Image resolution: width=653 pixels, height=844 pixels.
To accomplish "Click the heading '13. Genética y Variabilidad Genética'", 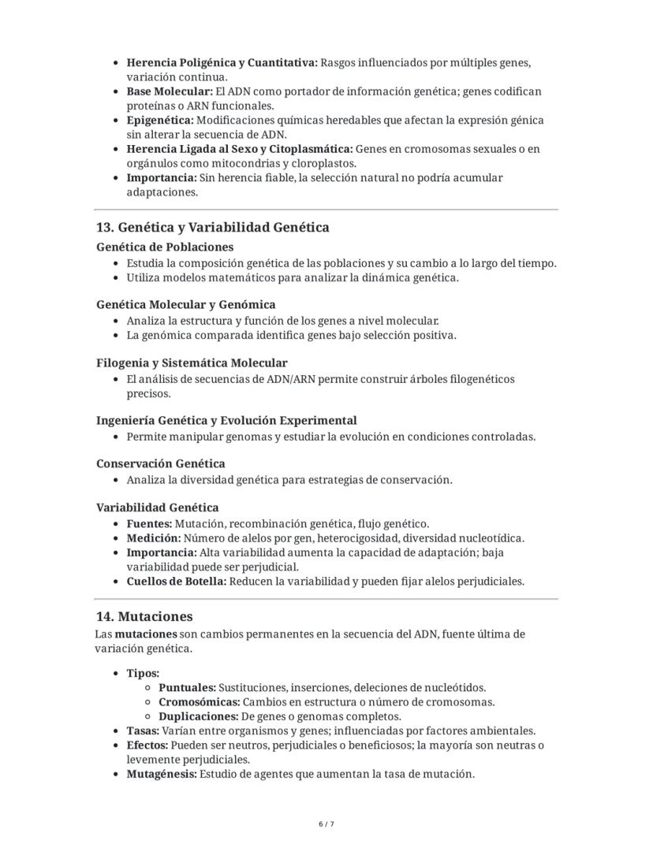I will [x=212, y=228].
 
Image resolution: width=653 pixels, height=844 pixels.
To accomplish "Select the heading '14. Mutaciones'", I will [x=144, y=616].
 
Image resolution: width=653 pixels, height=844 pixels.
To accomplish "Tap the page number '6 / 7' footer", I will [x=326, y=824].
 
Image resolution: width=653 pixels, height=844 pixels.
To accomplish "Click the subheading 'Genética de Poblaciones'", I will [x=165, y=247].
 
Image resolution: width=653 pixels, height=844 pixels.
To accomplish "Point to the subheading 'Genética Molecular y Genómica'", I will [x=185, y=304].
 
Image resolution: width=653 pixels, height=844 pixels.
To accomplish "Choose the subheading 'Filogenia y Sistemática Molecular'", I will [x=192, y=363].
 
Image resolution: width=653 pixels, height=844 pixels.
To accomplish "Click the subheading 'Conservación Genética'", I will [x=160, y=463].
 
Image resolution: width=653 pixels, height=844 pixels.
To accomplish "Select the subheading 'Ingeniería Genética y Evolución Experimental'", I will [x=226, y=420].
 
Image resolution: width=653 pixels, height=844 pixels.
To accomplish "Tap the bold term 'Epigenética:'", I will [x=160, y=121].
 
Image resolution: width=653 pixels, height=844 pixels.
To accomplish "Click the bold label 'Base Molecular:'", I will [x=170, y=91].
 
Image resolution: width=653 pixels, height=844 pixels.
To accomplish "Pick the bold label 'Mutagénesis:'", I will [x=162, y=774].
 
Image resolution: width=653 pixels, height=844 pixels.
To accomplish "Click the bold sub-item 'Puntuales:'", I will [x=187, y=688].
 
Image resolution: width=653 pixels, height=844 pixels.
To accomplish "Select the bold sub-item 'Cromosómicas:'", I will [x=199, y=702].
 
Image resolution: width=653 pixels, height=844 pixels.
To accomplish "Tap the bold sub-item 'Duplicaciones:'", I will [x=198, y=716].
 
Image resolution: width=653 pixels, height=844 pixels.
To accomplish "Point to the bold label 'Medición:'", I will [x=153, y=538].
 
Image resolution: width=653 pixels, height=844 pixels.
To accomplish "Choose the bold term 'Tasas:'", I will [x=144, y=731].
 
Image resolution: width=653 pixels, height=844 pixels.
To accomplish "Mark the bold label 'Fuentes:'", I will [x=149, y=523].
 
